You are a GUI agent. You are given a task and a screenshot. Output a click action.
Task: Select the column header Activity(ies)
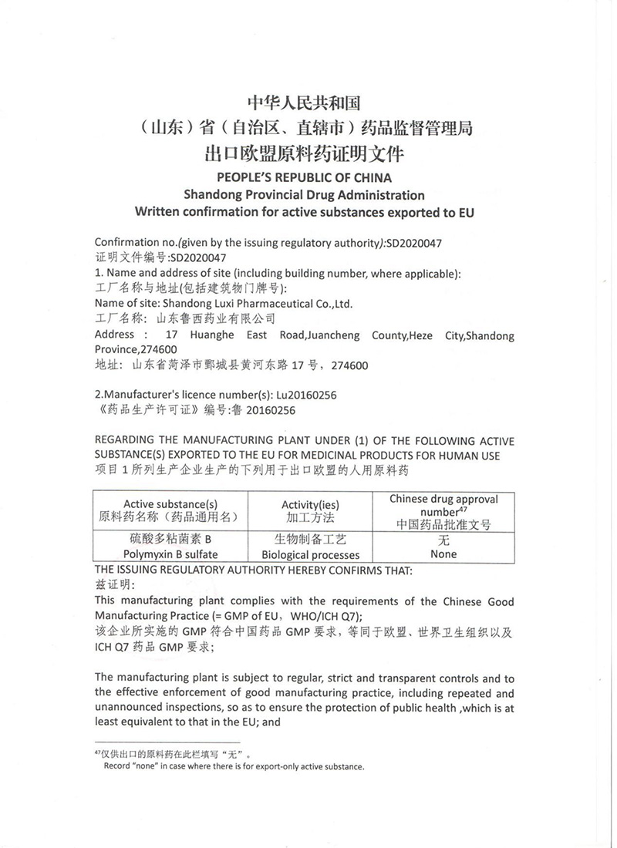click(310, 503)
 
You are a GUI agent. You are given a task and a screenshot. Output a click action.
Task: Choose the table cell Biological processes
click(310, 554)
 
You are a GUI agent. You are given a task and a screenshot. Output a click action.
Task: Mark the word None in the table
click(444, 554)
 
